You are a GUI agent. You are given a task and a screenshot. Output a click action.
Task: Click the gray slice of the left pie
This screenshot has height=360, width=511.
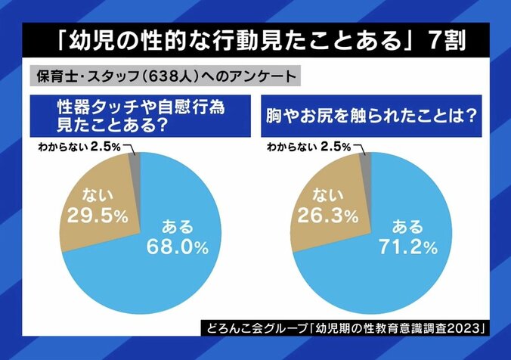point(135,163)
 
